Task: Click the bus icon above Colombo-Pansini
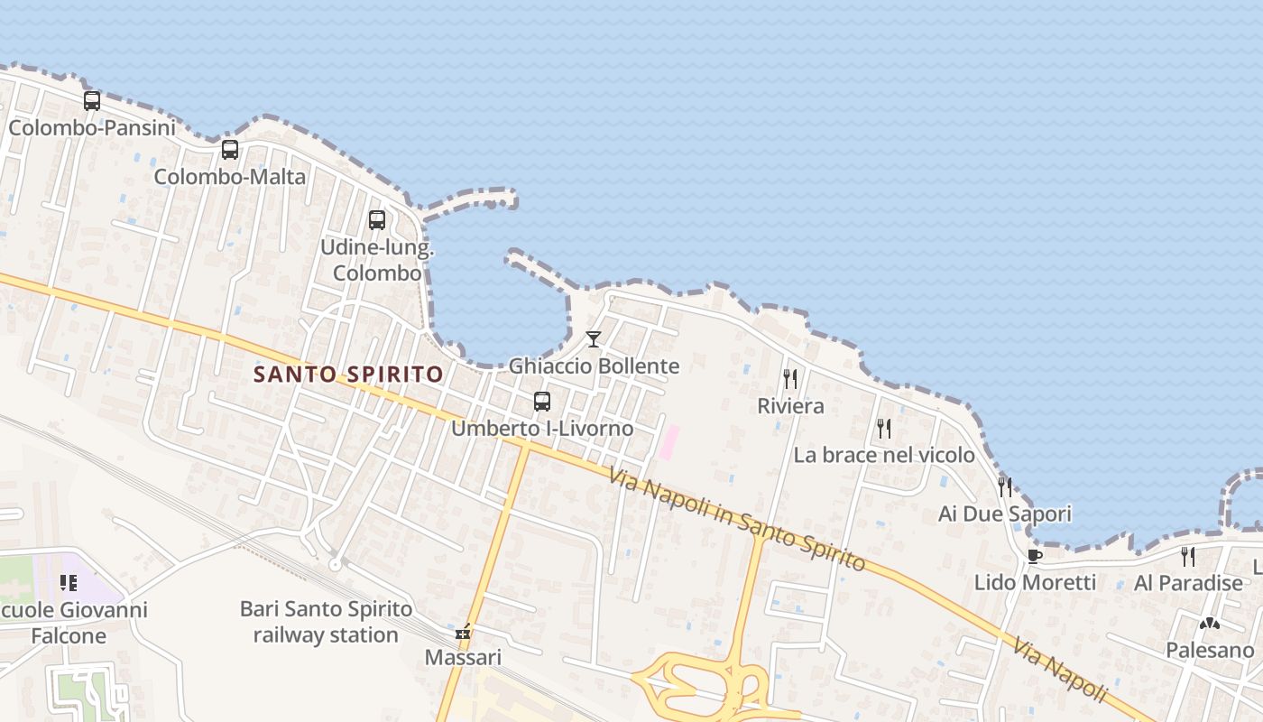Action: point(92,101)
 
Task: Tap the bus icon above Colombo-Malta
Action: point(230,150)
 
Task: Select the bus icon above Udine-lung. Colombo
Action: point(377,220)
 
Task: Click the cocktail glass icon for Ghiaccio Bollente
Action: point(593,339)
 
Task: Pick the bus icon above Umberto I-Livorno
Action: point(542,402)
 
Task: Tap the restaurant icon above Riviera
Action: point(790,379)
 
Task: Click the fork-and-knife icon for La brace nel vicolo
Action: point(884,428)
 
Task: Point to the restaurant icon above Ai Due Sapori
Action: point(1005,487)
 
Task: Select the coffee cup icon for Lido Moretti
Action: point(1035,556)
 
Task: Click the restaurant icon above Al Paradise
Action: point(1188,556)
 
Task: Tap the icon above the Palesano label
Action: point(1209,624)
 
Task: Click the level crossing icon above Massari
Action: point(463,634)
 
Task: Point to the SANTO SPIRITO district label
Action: point(348,374)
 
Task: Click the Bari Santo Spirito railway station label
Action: point(326,622)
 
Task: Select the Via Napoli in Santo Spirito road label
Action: point(736,520)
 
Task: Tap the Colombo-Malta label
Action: point(230,177)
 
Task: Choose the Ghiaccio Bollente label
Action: point(594,366)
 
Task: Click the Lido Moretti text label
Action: point(1035,583)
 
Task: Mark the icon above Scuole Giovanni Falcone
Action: point(68,583)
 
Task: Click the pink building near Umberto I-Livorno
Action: point(668,443)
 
